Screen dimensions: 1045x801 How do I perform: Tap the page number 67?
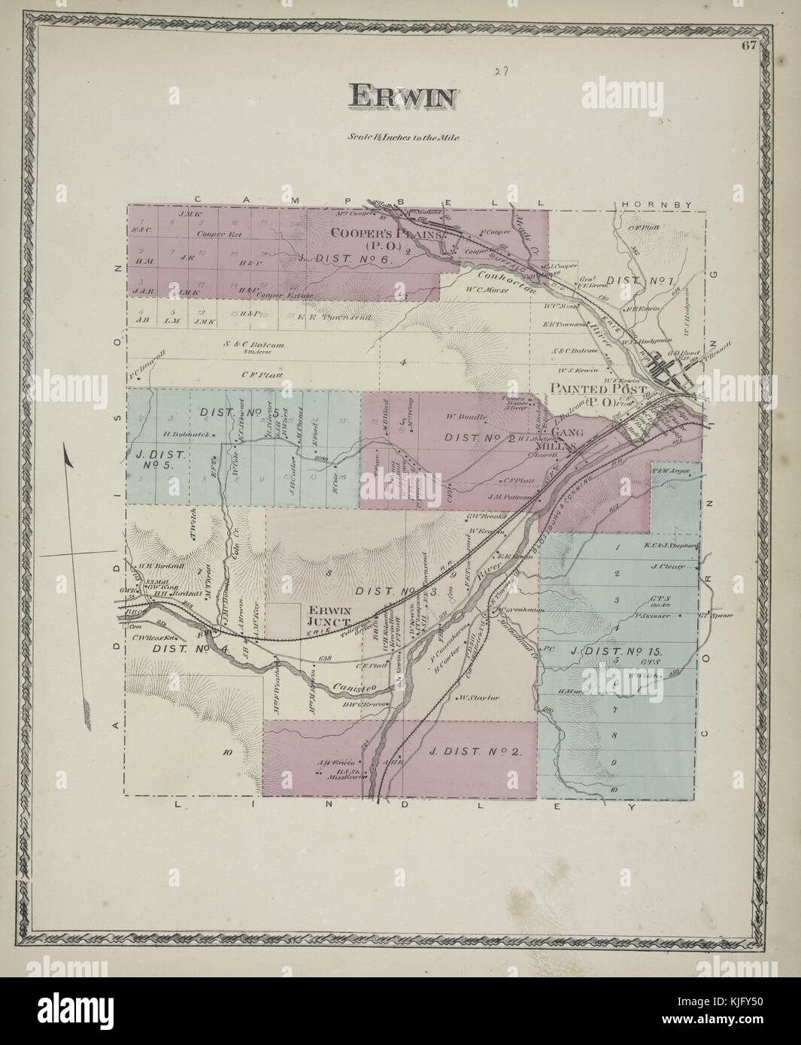tap(748, 45)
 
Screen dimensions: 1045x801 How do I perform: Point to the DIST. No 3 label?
tap(385, 592)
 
